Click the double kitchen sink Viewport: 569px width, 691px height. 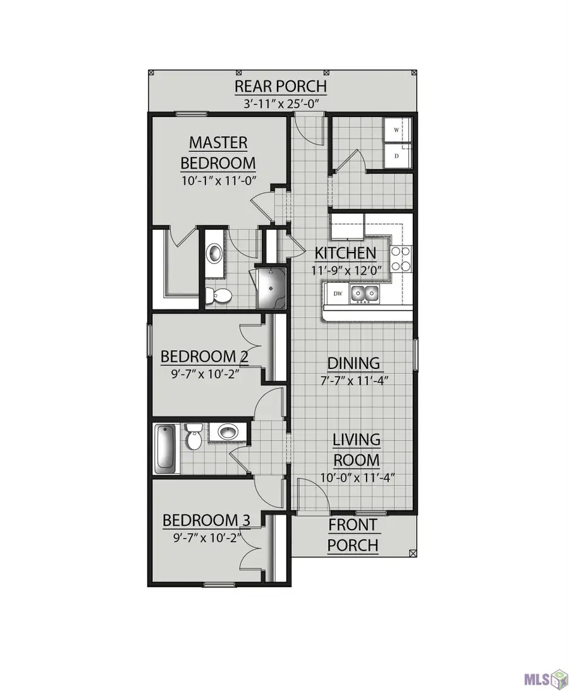pos(365,293)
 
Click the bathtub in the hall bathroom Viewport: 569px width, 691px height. pos(165,448)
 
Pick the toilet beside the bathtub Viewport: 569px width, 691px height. pos(193,438)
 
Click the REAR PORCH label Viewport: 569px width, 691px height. pos(281,86)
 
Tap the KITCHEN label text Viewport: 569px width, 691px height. pos(346,254)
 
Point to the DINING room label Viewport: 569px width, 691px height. pos(353,363)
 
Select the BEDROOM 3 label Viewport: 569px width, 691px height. pos(207,520)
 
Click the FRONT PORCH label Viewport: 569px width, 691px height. pos(353,535)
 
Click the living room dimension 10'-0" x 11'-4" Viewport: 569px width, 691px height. pos(357,478)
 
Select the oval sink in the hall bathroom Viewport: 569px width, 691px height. pos(228,433)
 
